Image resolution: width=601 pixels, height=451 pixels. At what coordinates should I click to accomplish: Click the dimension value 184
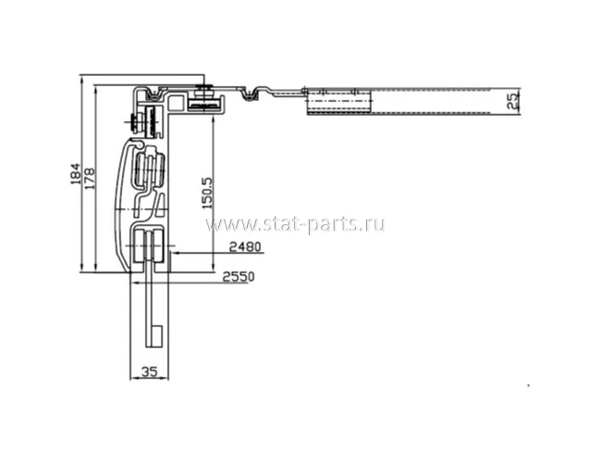(76, 174)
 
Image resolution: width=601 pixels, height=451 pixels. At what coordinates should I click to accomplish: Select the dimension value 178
(90, 178)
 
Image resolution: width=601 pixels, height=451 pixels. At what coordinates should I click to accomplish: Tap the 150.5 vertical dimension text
(207, 193)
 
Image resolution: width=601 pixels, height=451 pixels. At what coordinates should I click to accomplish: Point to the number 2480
(245, 247)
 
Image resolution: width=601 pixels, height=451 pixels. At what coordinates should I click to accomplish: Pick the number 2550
(239, 276)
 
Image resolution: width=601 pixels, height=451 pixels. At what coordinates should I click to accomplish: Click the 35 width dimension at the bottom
(150, 371)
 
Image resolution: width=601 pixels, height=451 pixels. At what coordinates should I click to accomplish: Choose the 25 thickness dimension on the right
(512, 101)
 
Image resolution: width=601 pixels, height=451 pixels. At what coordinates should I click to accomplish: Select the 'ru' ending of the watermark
(375, 224)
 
